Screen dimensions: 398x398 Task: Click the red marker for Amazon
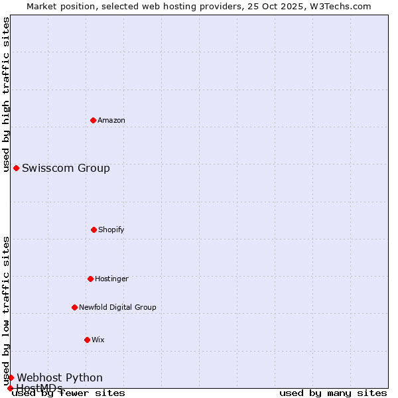93,120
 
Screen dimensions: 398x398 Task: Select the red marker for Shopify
94,230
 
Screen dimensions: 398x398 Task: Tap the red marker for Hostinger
90,279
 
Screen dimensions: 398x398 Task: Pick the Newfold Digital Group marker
74,307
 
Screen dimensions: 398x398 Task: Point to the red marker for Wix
87,340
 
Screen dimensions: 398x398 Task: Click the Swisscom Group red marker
16,168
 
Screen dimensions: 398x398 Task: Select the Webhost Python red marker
11,377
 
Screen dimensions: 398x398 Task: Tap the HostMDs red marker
10,388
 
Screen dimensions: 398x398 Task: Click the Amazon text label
111,120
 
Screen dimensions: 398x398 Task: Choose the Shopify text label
111,230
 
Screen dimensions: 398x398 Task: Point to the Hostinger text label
111,279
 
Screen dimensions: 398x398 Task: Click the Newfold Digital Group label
117,307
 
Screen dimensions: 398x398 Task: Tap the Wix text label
98,340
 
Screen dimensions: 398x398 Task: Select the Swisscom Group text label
66,168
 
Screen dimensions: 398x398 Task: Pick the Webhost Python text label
60,377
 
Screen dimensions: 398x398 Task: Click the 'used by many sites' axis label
333,393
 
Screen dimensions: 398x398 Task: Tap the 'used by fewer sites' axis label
69,393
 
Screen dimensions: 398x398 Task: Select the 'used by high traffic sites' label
7,94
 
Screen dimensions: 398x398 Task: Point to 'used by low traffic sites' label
7,310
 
